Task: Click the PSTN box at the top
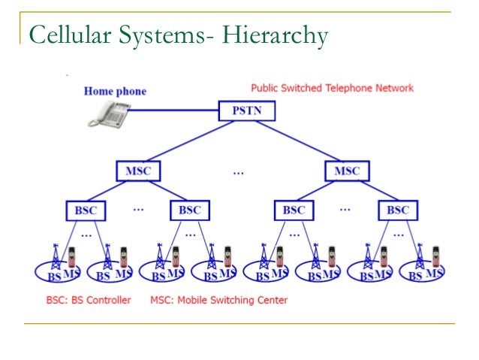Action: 247,112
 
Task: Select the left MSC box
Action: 138,171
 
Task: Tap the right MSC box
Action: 347,171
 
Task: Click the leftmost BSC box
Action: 86,210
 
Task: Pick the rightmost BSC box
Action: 398,210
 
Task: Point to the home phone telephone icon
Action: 107,112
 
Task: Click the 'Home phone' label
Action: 115,92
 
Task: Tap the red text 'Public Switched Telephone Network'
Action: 332,88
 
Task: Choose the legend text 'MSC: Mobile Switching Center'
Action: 218,300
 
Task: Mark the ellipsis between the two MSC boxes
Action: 238,172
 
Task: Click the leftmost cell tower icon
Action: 55,258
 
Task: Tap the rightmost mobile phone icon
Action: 435,258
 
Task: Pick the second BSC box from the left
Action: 189,210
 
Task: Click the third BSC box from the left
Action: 294,210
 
